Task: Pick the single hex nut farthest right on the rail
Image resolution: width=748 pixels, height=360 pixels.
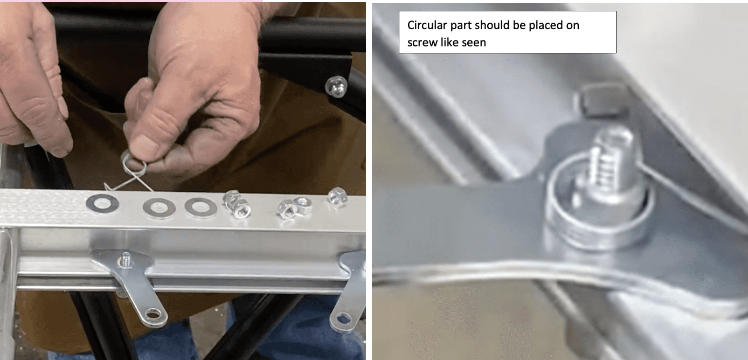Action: [337, 197]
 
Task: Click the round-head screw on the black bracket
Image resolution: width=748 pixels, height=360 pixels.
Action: [336, 86]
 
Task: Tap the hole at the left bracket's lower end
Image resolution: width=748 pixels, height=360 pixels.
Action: [153, 314]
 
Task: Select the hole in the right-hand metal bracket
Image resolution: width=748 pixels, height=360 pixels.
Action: [343, 318]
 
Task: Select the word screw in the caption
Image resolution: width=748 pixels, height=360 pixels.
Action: [423, 43]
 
